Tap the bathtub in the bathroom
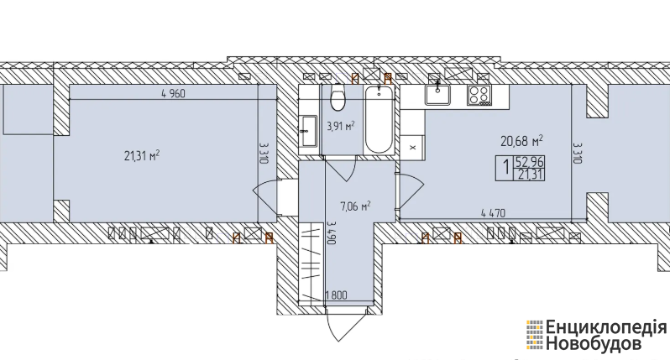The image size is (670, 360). tap(379, 118)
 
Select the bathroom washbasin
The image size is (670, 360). tap(307, 131)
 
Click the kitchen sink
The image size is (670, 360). tap(437, 94)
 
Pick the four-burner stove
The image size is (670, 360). tap(479, 95)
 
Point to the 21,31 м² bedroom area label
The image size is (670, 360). tap(142, 155)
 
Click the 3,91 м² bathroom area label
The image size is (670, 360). tap(341, 126)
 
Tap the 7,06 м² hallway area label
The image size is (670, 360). tap(354, 206)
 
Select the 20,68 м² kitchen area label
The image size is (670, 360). tap(521, 140)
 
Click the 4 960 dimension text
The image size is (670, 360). tap(174, 93)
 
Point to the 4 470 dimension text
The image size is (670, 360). tap(493, 212)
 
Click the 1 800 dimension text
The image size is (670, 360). tap(336, 295)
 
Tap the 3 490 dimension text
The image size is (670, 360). tap(330, 232)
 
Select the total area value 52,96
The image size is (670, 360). tap(529, 163)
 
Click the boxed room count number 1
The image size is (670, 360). tap(506, 168)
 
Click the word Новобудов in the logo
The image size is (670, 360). tap(594, 344)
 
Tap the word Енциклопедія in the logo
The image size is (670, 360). tap(605, 328)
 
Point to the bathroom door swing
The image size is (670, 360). tap(340, 169)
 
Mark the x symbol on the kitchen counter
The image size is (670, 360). tap(412, 148)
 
